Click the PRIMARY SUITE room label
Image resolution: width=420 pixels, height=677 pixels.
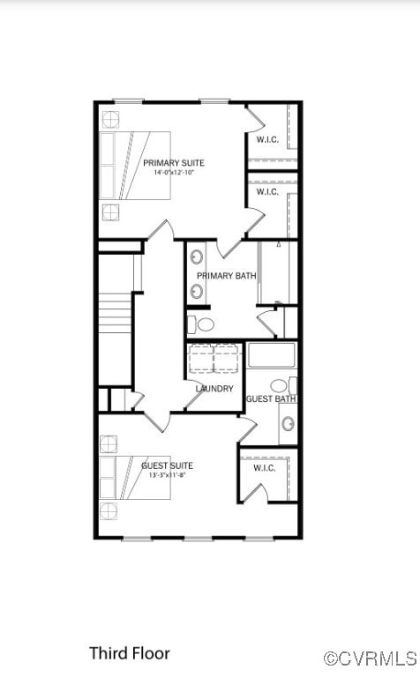174,163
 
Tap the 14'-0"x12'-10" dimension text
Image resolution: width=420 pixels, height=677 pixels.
174,174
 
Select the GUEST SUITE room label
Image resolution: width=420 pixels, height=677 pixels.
167,465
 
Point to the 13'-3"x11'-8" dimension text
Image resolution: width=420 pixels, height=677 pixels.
167,476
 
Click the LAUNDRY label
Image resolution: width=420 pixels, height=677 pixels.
214,389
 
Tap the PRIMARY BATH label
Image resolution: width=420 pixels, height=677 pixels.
227,276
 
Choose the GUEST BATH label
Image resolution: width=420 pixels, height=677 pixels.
270,399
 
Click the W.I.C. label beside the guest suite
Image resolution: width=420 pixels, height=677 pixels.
265,468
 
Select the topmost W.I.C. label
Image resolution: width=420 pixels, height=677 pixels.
267,139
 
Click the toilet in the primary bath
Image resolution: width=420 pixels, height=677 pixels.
204,324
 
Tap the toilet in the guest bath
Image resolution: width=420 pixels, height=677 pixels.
281,385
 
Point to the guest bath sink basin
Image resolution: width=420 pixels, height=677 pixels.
288,424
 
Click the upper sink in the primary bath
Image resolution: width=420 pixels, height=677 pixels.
197,257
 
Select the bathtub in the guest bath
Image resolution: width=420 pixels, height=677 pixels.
271,354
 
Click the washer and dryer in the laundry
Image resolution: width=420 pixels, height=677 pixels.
214,360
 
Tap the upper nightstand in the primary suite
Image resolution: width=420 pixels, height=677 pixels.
110,119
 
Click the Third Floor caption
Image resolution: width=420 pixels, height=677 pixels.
129,653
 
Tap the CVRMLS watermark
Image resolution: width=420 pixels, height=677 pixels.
370,658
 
